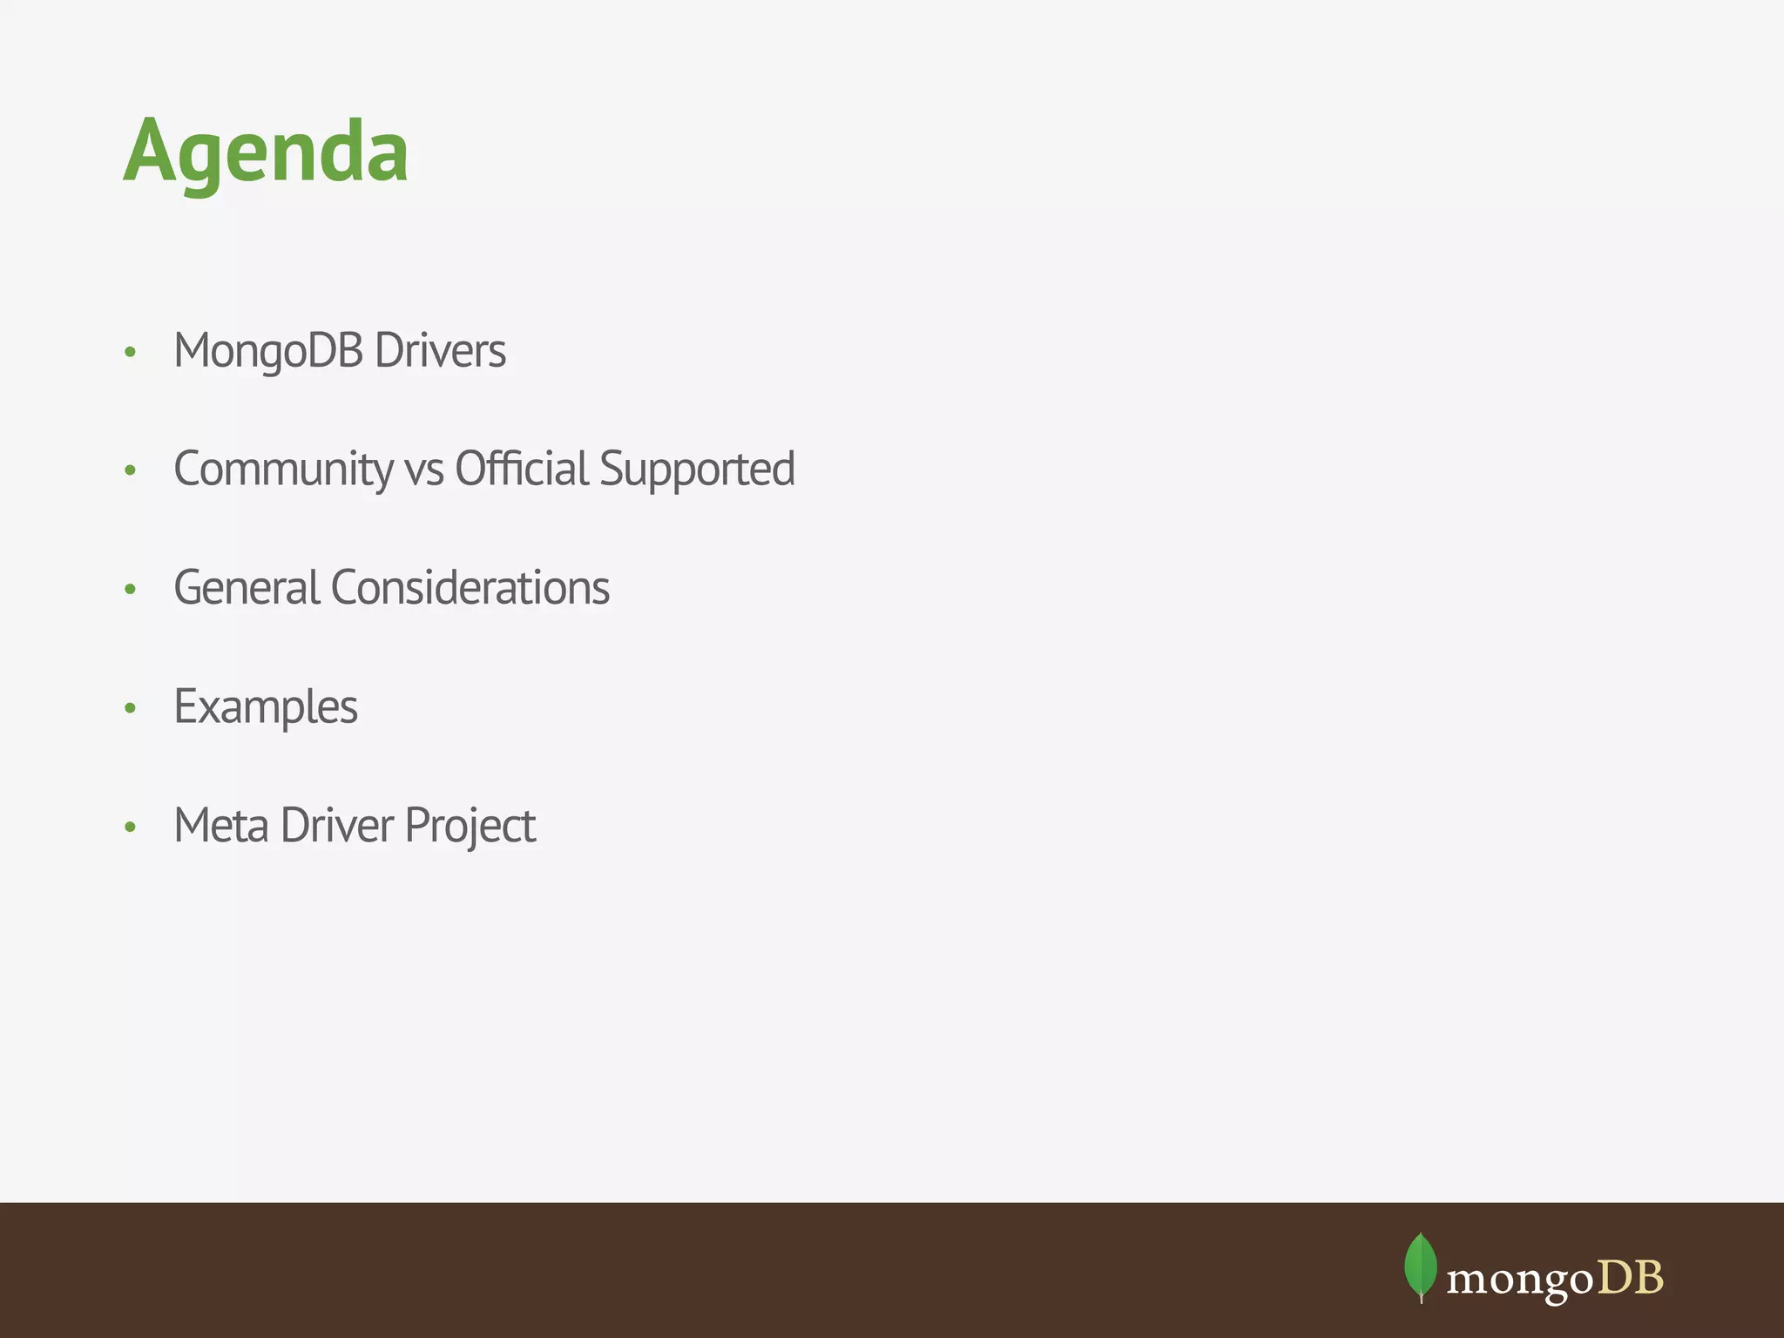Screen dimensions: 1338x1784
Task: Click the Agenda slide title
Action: (x=266, y=152)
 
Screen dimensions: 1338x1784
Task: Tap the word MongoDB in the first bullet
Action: (x=268, y=351)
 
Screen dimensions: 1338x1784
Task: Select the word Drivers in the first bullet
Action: (x=440, y=351)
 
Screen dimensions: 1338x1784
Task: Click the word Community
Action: (x=283, y=470)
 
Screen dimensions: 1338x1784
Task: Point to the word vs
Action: (x=424, y=470)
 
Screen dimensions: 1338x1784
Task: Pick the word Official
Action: (x=522, y=470)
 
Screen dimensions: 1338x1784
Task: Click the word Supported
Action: (x=697, y=470)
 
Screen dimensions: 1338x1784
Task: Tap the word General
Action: (x=247, y=588)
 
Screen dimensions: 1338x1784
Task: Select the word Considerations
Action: (x=470, y=588)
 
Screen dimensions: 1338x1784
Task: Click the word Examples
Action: (x=266, y=707)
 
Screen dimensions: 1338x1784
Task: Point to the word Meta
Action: (x=221, y=826)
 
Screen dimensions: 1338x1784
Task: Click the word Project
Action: (x=470, y=826)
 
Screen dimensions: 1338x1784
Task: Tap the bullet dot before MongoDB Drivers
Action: (x=131, y=353)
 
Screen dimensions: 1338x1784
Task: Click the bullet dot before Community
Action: (x=131, y=471)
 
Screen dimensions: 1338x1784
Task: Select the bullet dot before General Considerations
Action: (x=131, y=590)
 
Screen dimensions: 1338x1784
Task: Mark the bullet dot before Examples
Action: (x=131, y=708)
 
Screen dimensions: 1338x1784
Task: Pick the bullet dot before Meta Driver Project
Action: (x=131, y=827)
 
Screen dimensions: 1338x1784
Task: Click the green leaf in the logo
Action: (x=1421, y=1266)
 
